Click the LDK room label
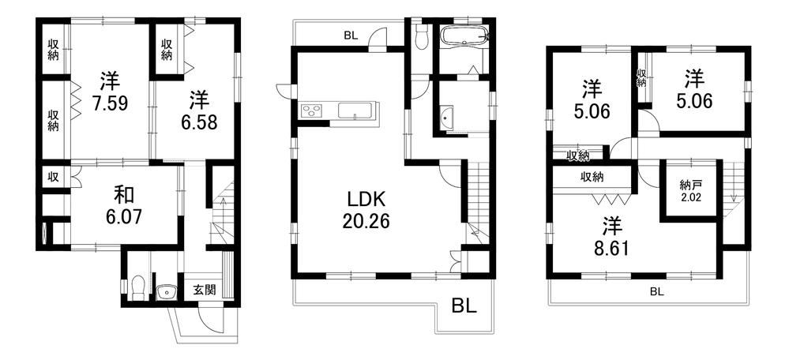pos(366,200)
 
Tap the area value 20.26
pos(366,221)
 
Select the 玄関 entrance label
pos(205,290)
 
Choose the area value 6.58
pos(199,122)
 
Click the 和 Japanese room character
pos(120,194)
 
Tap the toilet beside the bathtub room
pos(421,36)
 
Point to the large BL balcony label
pos(464,306)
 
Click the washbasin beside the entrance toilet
pos(165,292)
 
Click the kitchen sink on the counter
pos(355,110)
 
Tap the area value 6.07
pos(120,216)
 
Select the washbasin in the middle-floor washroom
pos(445,118)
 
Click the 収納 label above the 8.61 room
pos(592,177)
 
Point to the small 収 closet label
pos(53,177)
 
